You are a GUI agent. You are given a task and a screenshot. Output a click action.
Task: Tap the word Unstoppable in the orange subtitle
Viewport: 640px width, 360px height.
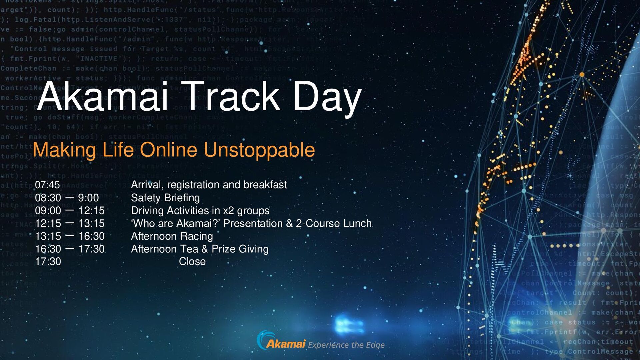click(x=259, y=150)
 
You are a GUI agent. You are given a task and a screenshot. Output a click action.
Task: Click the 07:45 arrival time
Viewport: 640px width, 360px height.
click(x=47, y=185)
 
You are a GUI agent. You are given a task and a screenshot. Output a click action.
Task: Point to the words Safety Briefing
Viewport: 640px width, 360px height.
click(x=165, y=198)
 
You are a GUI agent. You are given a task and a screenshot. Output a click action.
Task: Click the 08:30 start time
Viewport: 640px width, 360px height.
click(x=48, y=198)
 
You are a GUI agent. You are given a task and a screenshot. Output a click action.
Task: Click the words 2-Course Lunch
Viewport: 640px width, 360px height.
click(x=334, y=223)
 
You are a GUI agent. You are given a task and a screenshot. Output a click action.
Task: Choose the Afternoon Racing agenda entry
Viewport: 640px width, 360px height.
click(x=172, y=236)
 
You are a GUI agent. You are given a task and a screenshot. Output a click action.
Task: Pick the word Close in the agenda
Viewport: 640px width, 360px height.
click(x=192, y=262)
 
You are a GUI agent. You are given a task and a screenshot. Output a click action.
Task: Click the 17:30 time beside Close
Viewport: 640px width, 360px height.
click(x=48, y=262)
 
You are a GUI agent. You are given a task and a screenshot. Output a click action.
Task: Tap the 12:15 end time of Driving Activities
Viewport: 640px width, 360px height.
click(x=91, y=211)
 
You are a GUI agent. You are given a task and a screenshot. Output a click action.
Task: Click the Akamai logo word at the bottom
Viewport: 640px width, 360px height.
click(x=286, y=344)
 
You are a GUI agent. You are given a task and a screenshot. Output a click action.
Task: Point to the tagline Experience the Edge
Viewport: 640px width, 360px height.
click(x=346, y=345)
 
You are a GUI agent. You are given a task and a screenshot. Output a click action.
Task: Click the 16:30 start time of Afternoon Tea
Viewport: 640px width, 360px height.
click(x=48, y=249)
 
